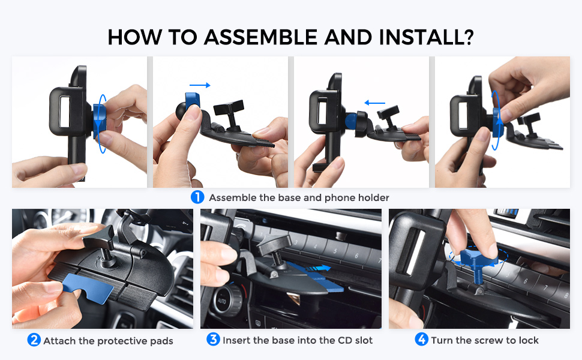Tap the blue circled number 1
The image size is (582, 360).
coord(197,197)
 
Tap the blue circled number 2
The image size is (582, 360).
coord(34,340)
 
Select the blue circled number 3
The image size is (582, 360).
coord(213,340)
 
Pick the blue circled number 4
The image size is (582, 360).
coord(422,340)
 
